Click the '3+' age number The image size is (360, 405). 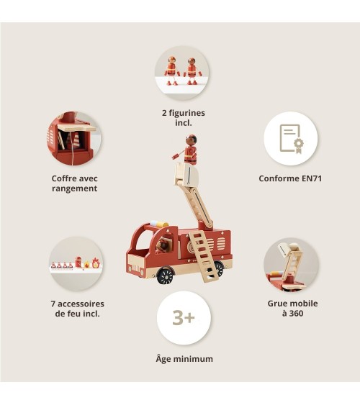point(184,318)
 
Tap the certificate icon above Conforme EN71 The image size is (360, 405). point(292,140)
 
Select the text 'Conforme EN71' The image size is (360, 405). point(290,178)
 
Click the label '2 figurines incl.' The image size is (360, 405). point(184,117)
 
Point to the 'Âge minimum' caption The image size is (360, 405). point(184,359)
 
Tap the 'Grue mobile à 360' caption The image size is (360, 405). point(292,308)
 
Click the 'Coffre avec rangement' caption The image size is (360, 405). point(74,183)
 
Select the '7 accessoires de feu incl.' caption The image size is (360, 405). point(78,309)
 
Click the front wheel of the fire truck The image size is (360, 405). point(166,276)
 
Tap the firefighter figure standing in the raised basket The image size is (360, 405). point(190,150)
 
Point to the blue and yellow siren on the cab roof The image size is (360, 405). point(159,224)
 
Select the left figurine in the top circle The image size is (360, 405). point(171,70)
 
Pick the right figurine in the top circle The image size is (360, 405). point(192,71)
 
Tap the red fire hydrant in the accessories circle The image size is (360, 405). point(78,262)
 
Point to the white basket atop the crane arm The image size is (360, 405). point(186,174)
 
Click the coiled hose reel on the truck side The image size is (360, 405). point(192,248)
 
